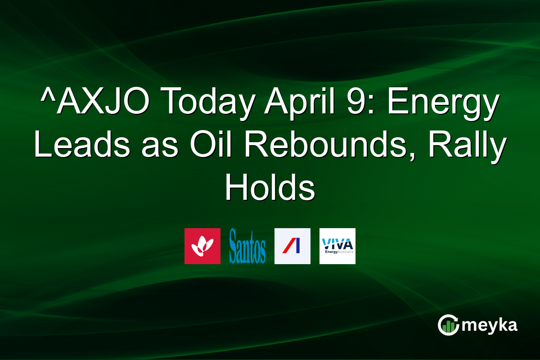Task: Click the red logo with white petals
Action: point(202,246)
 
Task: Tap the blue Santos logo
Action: point(247,246)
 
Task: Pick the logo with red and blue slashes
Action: point(292,246)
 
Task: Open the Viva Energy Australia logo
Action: point(337,246)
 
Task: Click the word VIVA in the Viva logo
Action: point(337,243)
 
